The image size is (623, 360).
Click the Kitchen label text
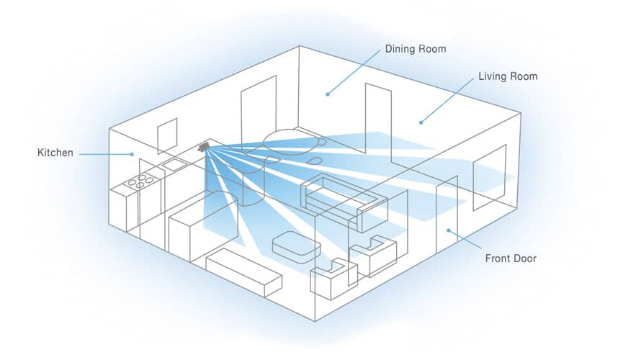55,153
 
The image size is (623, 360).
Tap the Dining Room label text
416,50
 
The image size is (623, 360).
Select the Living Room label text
508,76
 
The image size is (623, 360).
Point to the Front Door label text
511,258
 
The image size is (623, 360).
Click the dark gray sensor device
204,147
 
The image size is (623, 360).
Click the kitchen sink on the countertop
174,165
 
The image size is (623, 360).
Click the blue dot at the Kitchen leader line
132,153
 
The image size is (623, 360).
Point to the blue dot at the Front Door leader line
449,230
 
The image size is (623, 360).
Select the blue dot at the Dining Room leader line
326,93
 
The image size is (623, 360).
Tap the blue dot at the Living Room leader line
421,122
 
